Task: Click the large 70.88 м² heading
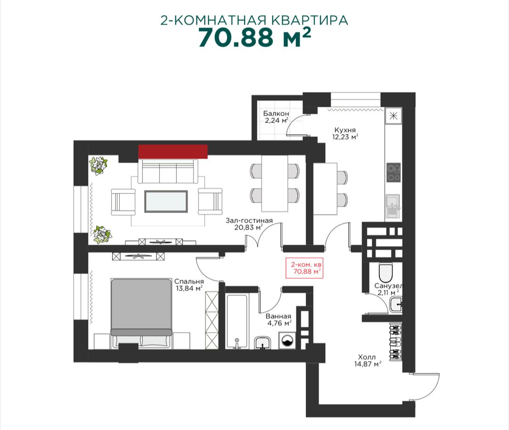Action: [x=254, y=37]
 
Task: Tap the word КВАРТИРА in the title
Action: [x=309, y=20]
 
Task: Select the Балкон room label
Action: [x=276, y=114]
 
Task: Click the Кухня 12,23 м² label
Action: [x=345, y=133]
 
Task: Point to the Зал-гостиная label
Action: [x=249, y=220]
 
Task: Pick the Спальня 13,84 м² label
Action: [x=189, y=285]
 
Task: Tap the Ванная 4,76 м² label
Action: [x=279, y=319]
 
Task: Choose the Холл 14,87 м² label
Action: [x=368, y=361]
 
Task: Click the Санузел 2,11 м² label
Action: [x=388, y=289]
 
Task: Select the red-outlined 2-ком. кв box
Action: [x=304, y=268]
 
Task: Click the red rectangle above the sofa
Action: [x=172, y=152]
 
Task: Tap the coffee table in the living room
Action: [x=166, y=202]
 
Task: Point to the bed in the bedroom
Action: [x=141, y=313]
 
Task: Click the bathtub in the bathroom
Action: [x=237, y=322]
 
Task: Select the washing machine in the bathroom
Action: [x=287, y=341]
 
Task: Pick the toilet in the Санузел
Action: [x=386, y=273]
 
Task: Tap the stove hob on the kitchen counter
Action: [x=394, y=172]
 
